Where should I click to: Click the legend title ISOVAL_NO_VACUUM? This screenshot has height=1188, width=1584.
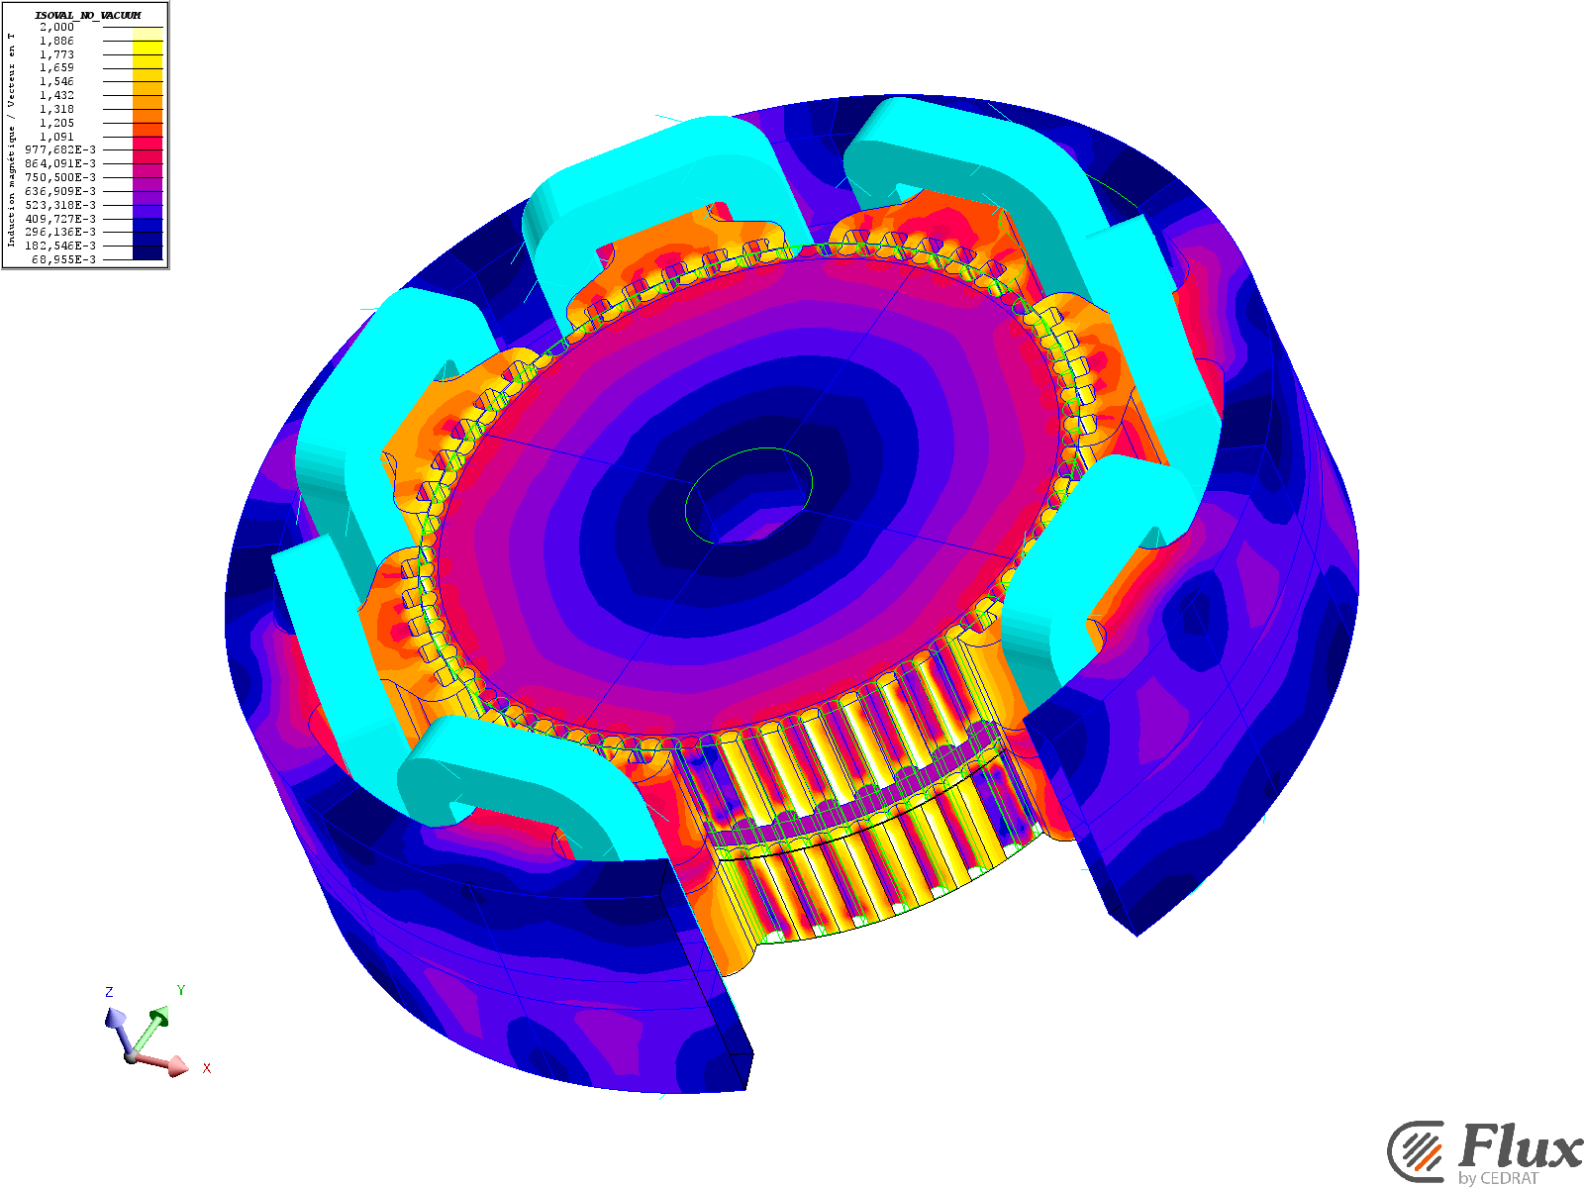tap(88, 15)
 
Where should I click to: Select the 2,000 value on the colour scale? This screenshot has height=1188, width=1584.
tap(57, 27)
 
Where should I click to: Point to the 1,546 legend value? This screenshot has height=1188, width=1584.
tap(57, 81)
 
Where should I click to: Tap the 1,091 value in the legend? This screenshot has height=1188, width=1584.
tap(57, 137)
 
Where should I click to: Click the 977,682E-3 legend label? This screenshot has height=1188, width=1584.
tap(60, 150)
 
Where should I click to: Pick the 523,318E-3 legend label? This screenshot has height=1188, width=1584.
tap(60, 205)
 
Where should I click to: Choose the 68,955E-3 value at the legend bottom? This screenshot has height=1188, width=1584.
tap(64, 259)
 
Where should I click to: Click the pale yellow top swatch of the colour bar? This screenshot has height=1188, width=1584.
tap(148, 34)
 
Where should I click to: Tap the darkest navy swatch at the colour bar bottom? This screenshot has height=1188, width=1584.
tap(148, 252)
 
